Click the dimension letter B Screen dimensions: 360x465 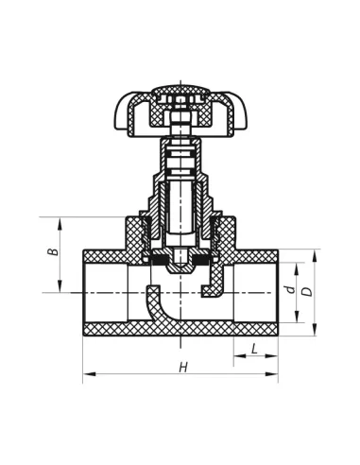[54, 252]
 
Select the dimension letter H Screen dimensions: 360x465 [183, 367]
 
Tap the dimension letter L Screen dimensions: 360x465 [254, 349]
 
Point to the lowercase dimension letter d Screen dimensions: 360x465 [291, 289]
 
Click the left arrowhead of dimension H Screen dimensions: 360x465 [89, 374]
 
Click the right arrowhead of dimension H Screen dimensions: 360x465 [272, 374]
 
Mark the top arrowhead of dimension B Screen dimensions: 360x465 [60, 223]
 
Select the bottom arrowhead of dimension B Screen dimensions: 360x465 [60, 286]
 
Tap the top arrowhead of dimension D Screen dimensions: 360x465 [314, 255]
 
